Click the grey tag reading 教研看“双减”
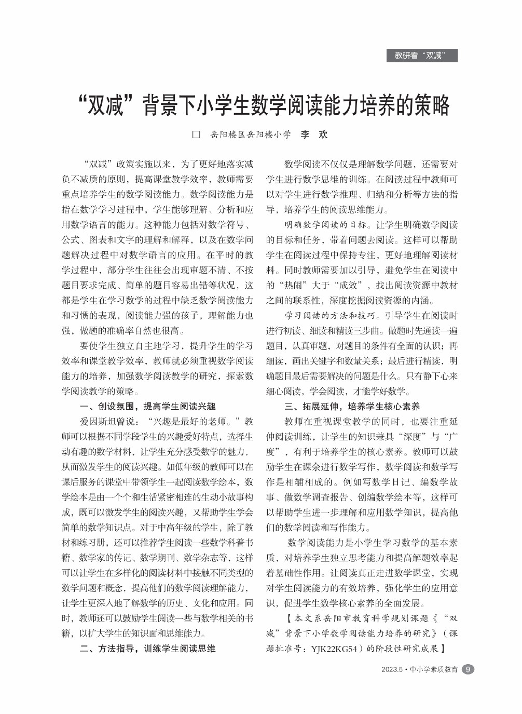point(422,56)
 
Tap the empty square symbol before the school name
point(196,134)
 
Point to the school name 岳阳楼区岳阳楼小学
point(250,134)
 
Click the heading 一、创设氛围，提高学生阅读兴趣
point(147,406)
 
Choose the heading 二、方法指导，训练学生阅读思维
point(147,649)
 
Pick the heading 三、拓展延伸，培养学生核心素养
point(352,406)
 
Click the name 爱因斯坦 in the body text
point(97,421)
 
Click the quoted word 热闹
point(299,285)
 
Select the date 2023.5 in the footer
point(392,669)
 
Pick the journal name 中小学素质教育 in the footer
point(434,669)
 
